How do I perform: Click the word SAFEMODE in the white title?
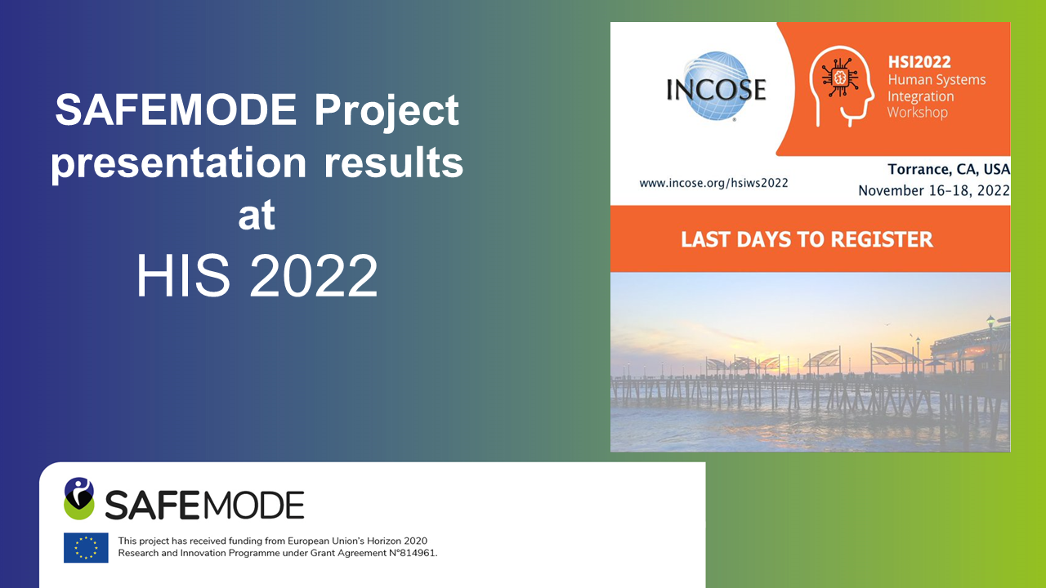point(176,110)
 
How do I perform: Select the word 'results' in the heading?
point(394,163)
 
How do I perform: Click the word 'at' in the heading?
point(257,216)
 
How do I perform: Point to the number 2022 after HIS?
point(313,275)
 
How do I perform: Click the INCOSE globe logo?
point(717,87)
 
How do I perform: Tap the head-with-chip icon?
point(842,86)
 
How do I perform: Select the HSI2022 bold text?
point(919,61)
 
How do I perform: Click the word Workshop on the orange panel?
point(918,113)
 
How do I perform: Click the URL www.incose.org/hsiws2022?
point(713,183)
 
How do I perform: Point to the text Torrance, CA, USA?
point(949,169)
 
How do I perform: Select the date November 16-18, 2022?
point(934,190)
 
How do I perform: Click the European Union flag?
point(86,547)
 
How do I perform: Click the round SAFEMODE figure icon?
point(79,498)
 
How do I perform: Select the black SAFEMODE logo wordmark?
point(204,505)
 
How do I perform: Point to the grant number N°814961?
point(413,554)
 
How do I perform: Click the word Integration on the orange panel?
point(920,96)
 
